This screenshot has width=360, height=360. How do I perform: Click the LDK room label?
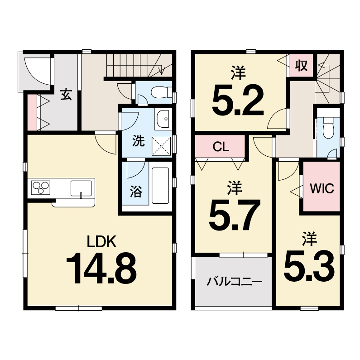[102, 241]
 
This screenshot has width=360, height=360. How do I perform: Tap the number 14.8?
[101, 268]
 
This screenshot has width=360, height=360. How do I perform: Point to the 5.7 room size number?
[235, 215]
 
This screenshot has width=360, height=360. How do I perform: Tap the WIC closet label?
[322, 188]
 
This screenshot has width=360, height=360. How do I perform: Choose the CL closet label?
[221, 146]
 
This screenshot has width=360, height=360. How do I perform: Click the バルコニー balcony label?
[235, 282]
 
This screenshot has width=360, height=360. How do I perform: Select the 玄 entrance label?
[66, 94]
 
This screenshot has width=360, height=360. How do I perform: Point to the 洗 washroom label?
[139, 140]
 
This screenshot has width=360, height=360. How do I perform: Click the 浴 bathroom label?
[136, 192]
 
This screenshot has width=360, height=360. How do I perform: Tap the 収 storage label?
[302, 65]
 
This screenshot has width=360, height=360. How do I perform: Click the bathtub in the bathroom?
[160, 186]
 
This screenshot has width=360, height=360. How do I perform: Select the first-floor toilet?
[161, 92]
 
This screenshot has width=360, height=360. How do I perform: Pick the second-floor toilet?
[328, 129]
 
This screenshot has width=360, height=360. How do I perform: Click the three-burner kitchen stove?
[41, 188]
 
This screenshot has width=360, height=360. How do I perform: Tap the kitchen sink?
[81, 188]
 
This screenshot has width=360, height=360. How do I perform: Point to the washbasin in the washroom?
[163, 119]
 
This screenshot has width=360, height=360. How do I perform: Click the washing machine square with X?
[161, 146]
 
